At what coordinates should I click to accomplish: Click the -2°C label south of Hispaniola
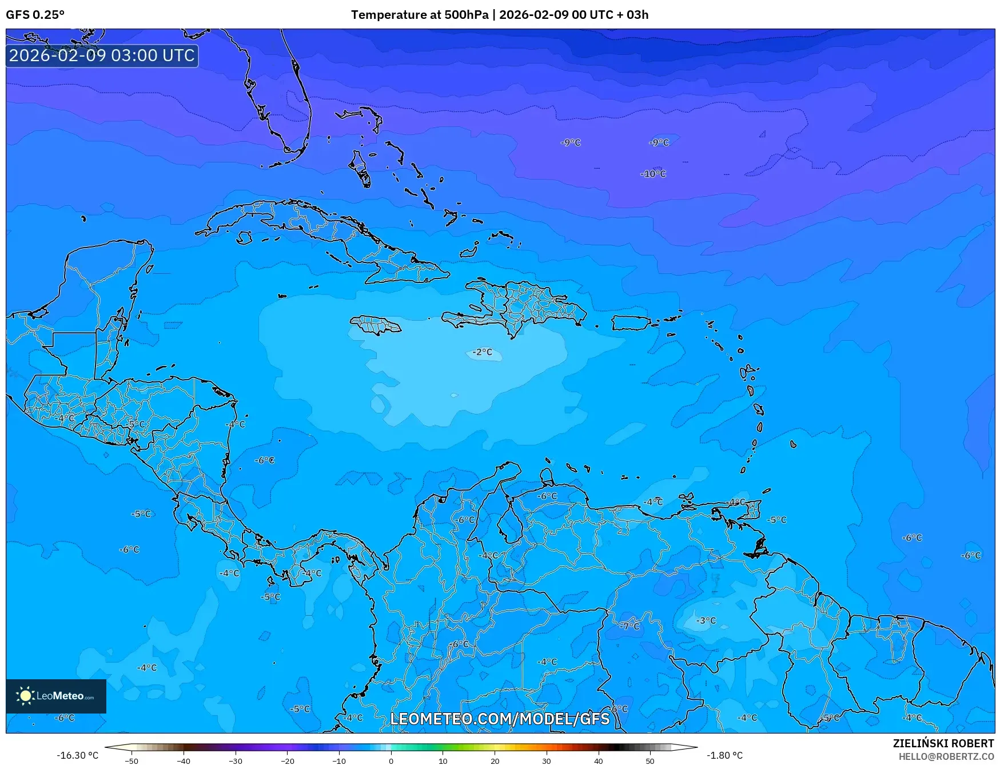point(483,352)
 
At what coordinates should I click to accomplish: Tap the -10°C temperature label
point(653,174)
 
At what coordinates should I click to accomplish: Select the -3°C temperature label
point(706,620)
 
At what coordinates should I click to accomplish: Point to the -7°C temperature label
point(630,626)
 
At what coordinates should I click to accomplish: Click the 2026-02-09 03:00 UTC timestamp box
point(102,55)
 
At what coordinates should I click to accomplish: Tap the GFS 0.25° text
point(35,15)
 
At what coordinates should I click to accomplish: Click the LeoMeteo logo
point(56,696)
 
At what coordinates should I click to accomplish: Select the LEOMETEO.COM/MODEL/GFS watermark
point(500,719)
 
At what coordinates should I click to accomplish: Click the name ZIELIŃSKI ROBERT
point(943,743)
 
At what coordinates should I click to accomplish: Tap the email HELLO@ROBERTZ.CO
point(946,756)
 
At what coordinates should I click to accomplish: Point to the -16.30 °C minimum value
point(77,755)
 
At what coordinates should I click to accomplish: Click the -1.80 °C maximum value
point(724,755)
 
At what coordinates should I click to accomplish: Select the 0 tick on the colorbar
point(391,760)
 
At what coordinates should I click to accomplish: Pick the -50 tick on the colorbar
point(132,760)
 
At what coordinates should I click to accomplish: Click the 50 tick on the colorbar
point(650,760)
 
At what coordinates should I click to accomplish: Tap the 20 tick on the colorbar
point(495,760)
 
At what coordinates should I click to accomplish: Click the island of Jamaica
point(376,325)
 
